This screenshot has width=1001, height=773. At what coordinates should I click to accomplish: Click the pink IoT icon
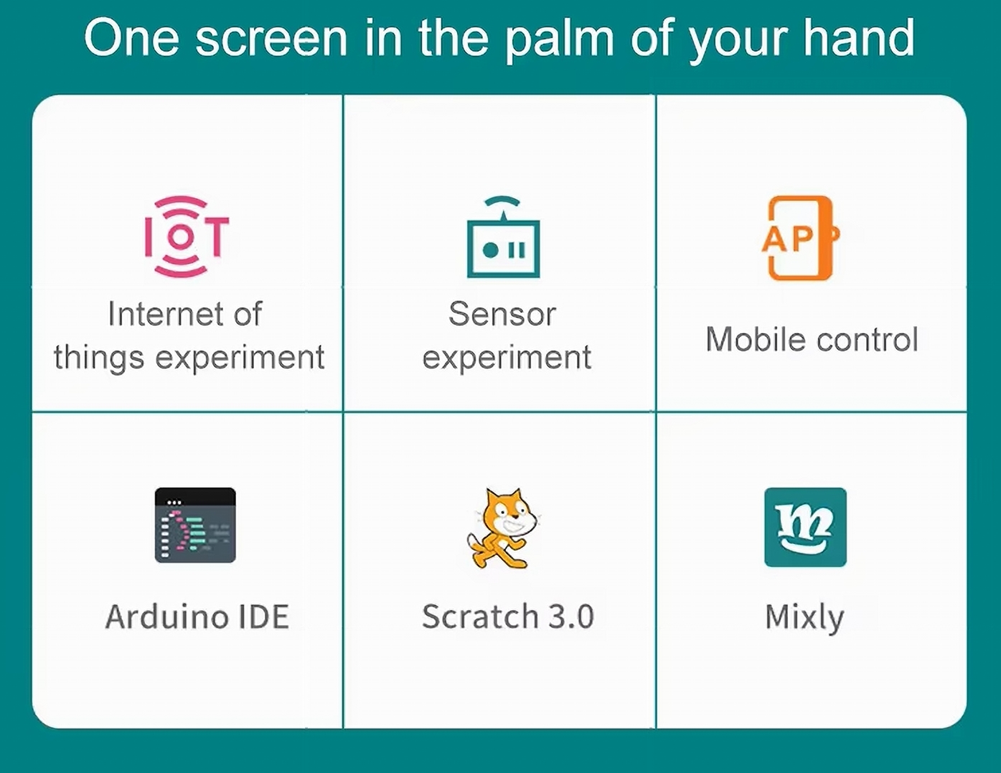[187, 237]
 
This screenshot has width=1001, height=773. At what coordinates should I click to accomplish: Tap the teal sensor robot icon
[503, 237]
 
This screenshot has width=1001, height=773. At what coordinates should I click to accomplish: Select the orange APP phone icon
[801, 238]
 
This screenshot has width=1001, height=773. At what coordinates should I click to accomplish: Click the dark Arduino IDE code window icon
[195, 525]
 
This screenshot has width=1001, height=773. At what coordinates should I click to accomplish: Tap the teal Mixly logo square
[805, 527]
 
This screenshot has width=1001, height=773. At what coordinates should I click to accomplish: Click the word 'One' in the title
[131, 38]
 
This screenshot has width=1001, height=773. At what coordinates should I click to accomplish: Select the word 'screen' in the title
[271, 39]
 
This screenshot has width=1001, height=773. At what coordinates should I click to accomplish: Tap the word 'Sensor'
[502, 314]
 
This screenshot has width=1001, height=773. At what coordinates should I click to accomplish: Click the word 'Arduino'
[166, 617]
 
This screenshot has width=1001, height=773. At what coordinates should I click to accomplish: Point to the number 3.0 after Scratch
[572, 617]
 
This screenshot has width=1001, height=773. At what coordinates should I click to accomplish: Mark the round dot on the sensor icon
[490, 250]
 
